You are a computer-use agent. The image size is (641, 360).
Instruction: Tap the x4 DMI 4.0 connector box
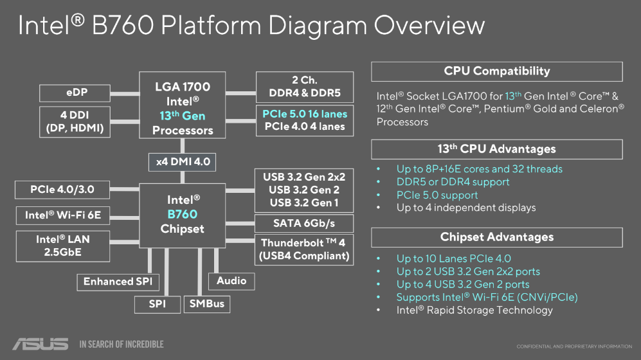(x=183, y=161)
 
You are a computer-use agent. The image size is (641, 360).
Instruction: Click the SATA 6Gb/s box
(x=305, y=223)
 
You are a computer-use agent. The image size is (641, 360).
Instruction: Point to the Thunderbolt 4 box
(x=305, y=249)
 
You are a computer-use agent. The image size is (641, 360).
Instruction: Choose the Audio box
(x=231, y=281)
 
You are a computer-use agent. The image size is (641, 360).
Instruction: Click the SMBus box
(x=206, y=303)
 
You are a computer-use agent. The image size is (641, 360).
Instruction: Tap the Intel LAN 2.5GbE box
(x=62, y=246)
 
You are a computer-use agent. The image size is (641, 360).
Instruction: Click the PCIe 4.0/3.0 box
(x=62, y=190)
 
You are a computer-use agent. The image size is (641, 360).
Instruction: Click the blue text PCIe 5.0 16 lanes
(x=305, y=114)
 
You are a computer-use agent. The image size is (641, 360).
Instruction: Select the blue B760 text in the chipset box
(x=183, y=214)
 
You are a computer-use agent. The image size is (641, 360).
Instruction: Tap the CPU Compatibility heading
(x=497, y=71)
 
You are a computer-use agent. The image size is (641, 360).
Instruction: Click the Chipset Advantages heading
(x=497, y=237)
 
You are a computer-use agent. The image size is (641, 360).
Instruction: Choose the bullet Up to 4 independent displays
(x=465, y=208)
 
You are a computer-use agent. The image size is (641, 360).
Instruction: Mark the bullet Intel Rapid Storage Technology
(x=474, y=310)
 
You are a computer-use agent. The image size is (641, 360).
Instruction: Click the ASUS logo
(x=40, y=344)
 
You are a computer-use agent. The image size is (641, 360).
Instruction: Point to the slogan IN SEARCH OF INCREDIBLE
(x=122, y=345)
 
